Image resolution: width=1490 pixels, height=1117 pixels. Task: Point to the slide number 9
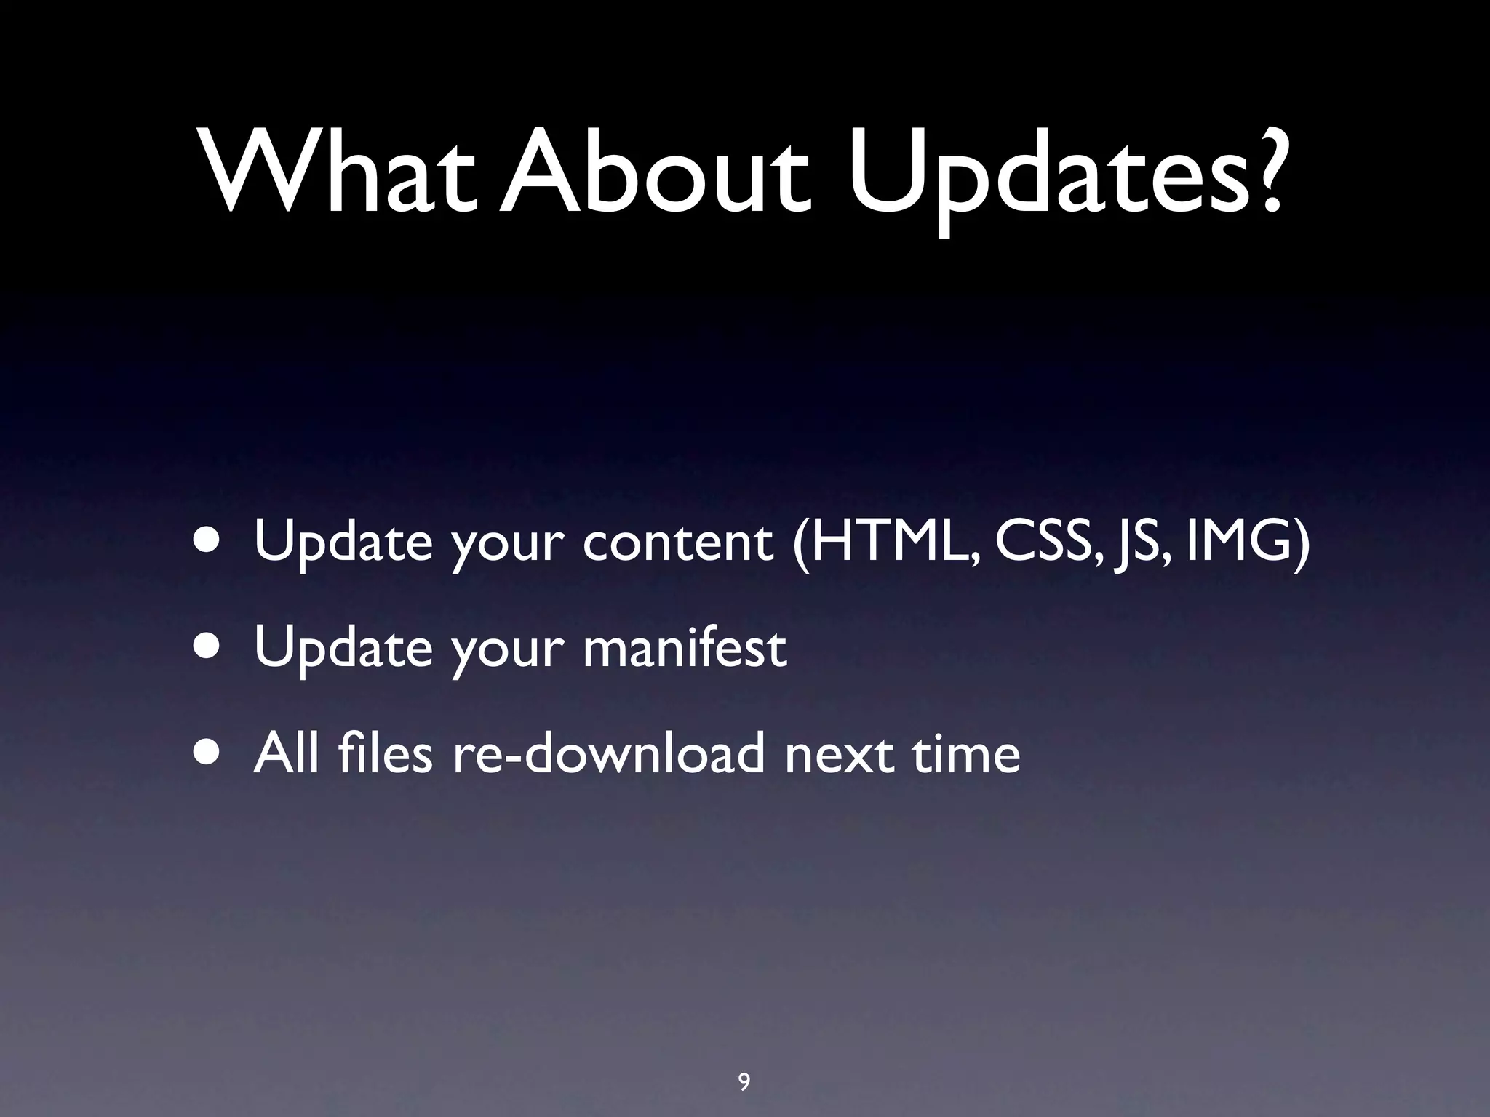pos(744,1062)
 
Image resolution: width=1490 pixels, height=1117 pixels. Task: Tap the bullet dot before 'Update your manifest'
pos(209,646)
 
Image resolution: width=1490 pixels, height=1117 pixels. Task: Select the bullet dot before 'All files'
pos(209,753)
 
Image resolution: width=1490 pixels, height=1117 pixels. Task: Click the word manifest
pos(685,646)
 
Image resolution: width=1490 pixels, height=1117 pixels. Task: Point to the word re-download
pos(609,753)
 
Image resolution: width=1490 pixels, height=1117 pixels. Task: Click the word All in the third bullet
pos(286,753)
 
